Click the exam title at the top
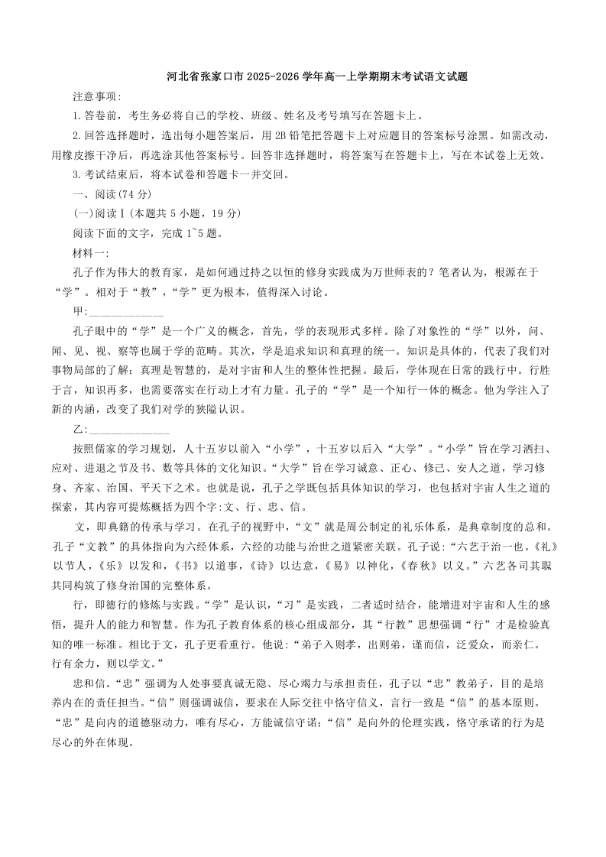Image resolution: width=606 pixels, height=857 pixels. [x=317, y=77]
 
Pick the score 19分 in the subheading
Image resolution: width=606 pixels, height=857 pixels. [x=224, y=213]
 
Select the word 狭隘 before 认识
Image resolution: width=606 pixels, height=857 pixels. [x=202, y=410]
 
